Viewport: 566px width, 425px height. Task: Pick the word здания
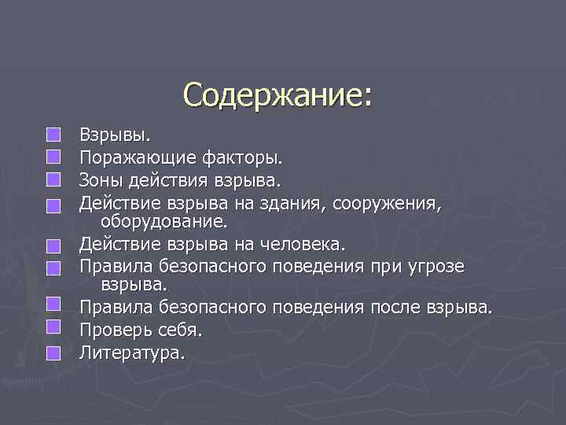[297, 204]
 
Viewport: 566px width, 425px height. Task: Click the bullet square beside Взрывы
[53, 138]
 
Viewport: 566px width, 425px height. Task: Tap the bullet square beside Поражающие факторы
[53, 160]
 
